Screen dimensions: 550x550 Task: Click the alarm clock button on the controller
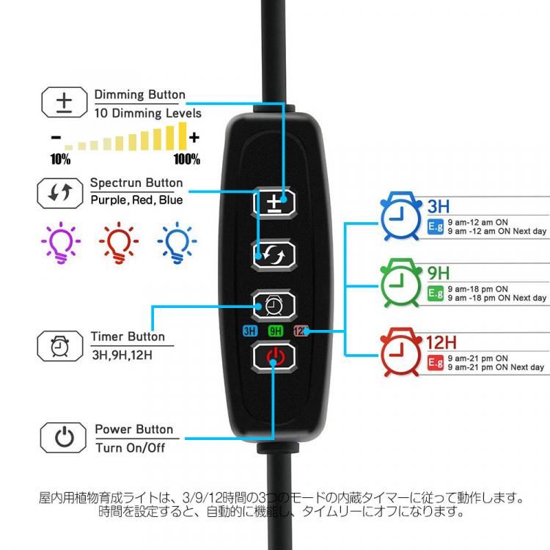tap(274, 305)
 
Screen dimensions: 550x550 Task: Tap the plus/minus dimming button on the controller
tap(274, 202)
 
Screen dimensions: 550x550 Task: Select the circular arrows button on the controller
tap(274, 254)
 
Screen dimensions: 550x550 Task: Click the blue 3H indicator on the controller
tap(250, 331)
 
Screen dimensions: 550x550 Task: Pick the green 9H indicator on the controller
tap(275, 331)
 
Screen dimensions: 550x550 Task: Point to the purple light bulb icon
tap(61, 243)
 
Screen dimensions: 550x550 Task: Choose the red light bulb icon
tap(119, 243)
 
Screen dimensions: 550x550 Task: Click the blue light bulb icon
tap(177, 243)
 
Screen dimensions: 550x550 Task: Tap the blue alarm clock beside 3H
tap(400, 216)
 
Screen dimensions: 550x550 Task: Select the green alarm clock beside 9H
tap(400, 283)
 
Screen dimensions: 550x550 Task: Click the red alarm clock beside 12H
tap(400, 352)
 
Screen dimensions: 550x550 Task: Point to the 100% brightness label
tap(187, 159)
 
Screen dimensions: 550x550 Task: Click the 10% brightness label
tap(60, 159)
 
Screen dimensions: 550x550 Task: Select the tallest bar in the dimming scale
tap(183, 136)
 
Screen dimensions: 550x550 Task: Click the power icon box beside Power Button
tap(63, 437)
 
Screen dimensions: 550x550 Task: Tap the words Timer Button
tap(128, 337)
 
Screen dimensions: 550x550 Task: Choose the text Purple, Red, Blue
tap(136, 200)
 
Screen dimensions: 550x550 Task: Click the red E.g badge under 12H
tap(436, 363)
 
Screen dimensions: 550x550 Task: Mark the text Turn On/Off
tap(130, 448)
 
